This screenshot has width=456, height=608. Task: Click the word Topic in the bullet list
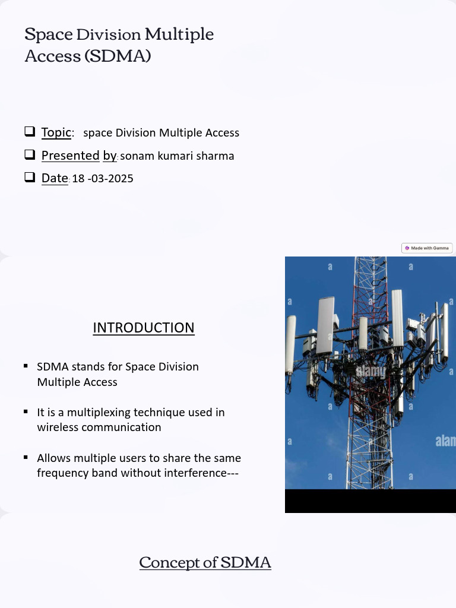tap(56, 132)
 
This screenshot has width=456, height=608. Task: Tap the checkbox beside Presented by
tap(30, 155)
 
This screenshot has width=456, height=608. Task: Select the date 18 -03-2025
tap(102, 178)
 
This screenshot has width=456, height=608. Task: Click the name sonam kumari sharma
tap(177, 156)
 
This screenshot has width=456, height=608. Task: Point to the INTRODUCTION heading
tap(144, 328)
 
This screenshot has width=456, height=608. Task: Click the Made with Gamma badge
tap(427, 248)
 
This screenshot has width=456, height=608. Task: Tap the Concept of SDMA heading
tap(205, 562)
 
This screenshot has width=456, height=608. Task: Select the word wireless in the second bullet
tap(58, 427)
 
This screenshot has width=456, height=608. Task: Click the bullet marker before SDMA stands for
tap(26, 366)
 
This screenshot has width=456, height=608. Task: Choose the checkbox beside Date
tap(30, 177)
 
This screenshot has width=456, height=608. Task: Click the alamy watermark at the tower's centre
tap(370, 372)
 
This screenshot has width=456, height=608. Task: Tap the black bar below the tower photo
tap(370, 501)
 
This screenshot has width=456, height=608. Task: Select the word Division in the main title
tap(109, 35)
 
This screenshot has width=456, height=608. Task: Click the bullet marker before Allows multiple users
tap(26, 457)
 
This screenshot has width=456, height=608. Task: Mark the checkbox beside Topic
tap(30, 131)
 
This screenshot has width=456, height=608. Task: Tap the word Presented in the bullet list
tap(70, 156)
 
